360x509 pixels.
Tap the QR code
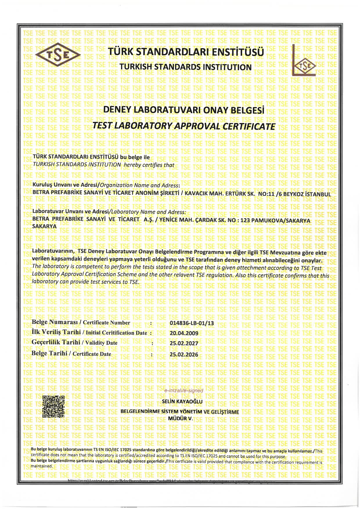tap(53, 406)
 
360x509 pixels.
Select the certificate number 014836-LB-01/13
tap(191, 323)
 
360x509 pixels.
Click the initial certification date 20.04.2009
tap(183, 333)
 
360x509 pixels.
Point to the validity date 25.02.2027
tap(183, 343)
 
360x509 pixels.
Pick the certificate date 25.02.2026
tap(183, 354)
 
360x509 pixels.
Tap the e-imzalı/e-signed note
tap(183, 391)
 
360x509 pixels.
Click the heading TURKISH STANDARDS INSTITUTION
tap(186, 67)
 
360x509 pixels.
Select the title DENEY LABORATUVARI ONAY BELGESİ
tap(183, 110)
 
